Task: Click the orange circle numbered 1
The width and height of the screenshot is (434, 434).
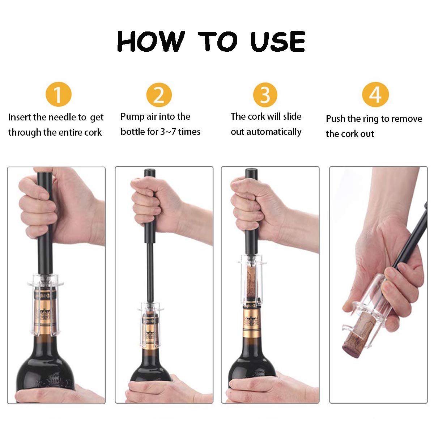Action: point(58,94)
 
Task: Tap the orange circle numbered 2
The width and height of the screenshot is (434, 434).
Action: point(159,94)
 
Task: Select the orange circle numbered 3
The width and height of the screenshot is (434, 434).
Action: point(265,94)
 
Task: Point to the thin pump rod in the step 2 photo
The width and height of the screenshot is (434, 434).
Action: point(149,268)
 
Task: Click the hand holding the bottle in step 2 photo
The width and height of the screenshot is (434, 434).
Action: point(170,391)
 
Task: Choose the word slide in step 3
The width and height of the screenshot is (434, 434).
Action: point(293,117)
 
